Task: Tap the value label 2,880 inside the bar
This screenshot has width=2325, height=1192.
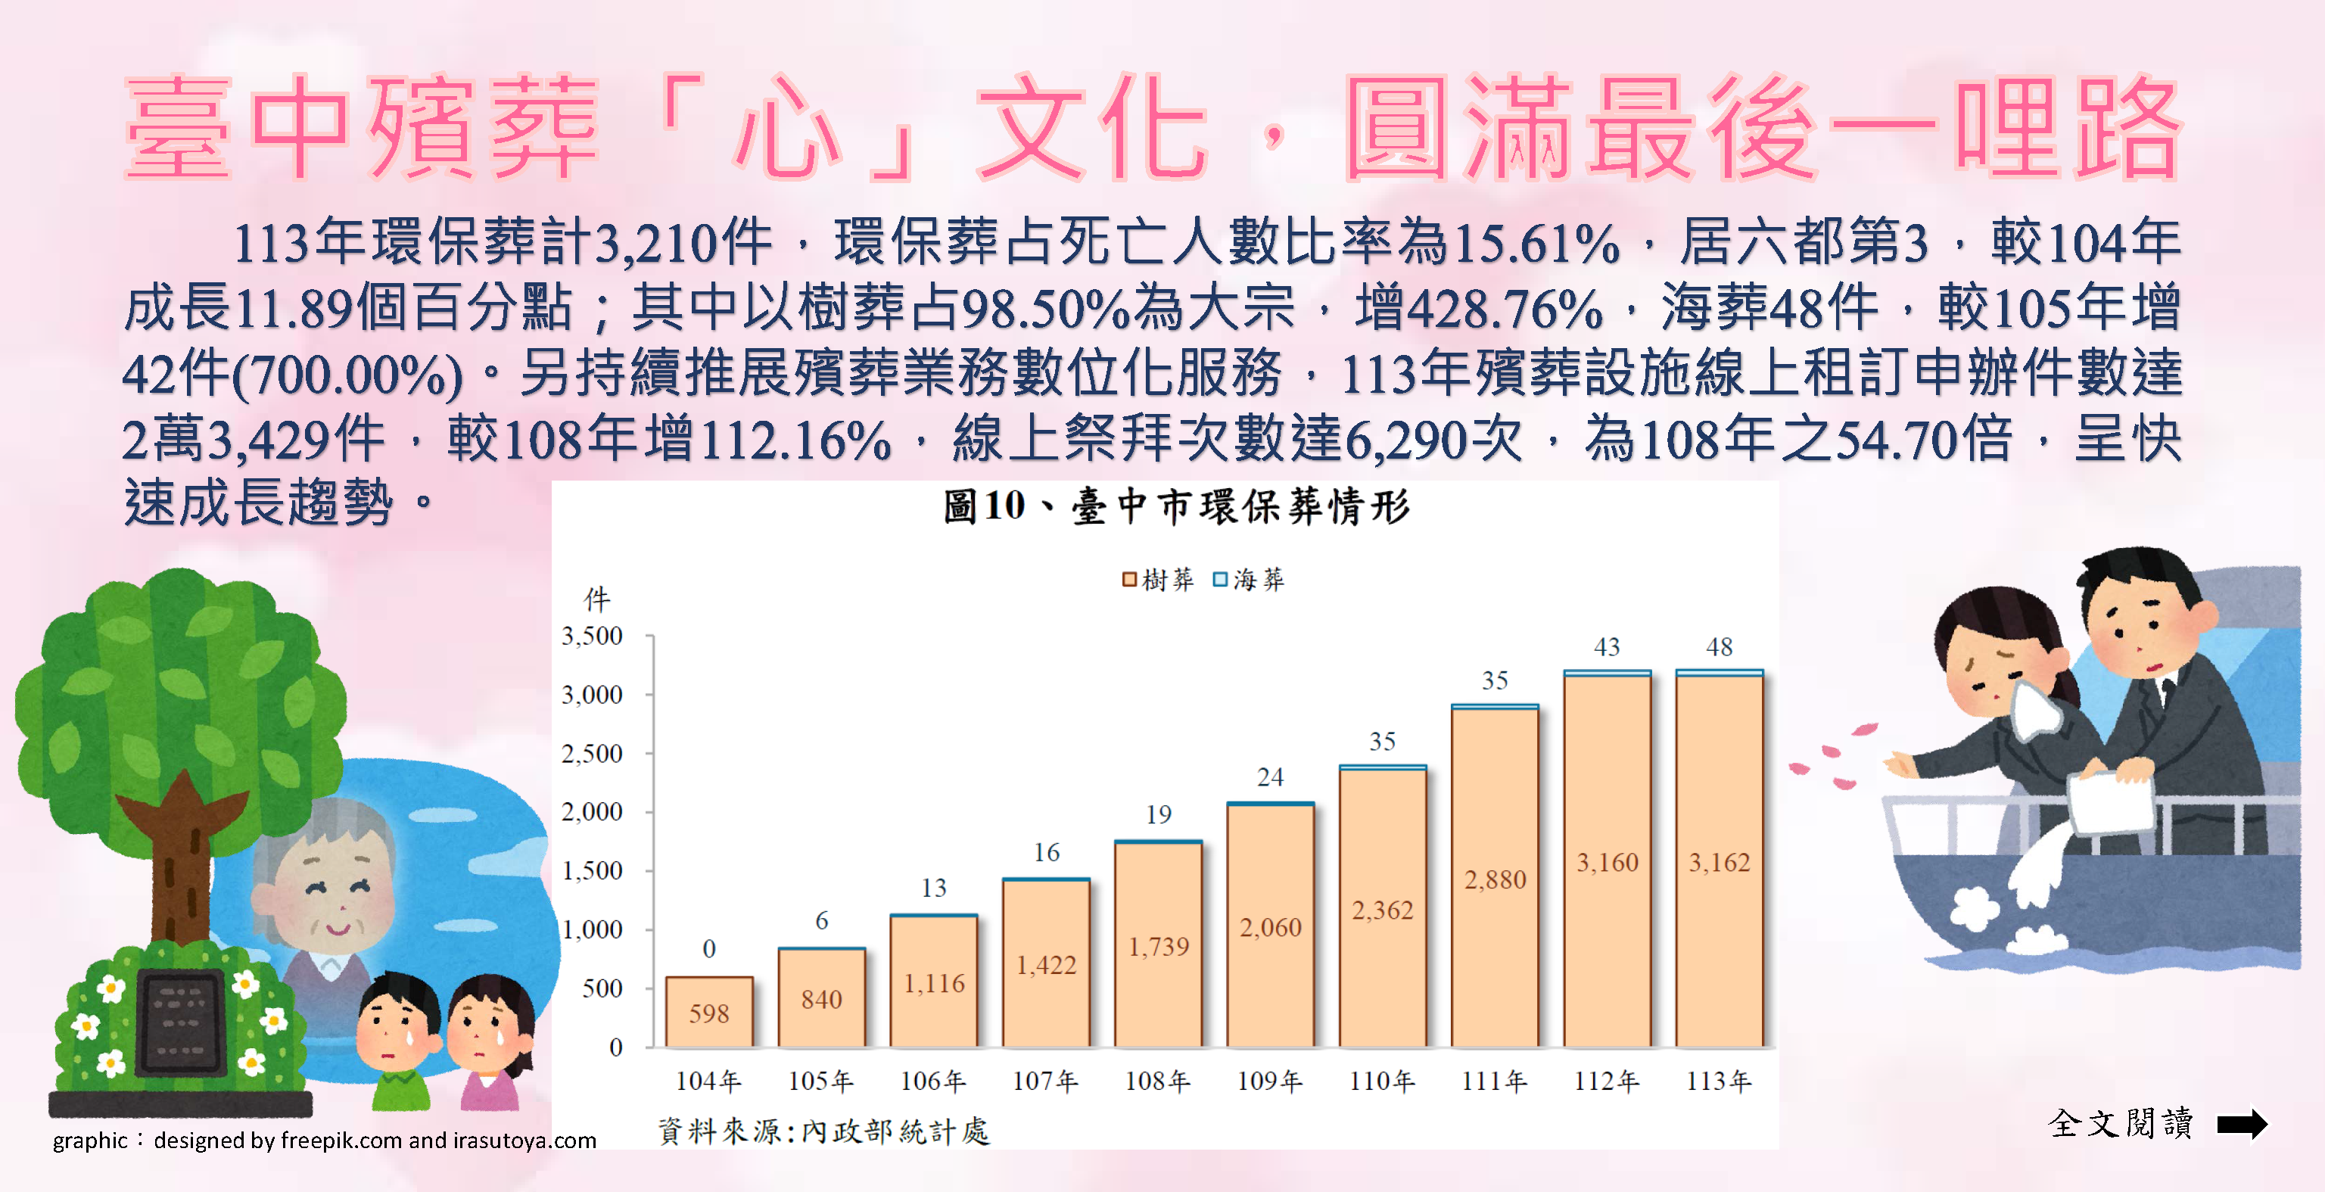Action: [1495, 879]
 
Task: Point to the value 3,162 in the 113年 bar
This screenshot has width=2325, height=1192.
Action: [1719, 863]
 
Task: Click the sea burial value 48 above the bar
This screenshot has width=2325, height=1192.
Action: [1719, 646]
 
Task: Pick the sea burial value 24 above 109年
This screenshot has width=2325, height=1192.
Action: [1270, 777]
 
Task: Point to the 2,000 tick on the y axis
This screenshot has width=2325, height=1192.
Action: [592, 811]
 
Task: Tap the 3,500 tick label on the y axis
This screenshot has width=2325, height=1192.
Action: [592, 636]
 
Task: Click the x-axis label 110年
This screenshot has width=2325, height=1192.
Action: [1382, 1080]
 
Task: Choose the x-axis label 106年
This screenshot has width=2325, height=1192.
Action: [933, 1080]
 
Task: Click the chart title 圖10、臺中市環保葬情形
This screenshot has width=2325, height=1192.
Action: [1176, 506]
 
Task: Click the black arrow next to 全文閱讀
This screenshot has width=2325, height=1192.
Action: [2242, 1123]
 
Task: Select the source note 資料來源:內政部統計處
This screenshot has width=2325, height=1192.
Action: [823, 1131]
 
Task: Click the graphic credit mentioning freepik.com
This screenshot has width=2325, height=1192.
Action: [324, 1141]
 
